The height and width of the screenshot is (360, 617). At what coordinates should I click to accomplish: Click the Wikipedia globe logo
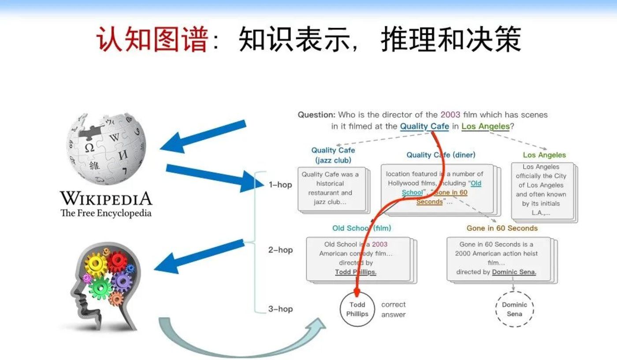point(106,149)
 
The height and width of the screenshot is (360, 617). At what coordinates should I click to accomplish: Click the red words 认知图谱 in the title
point(152,39)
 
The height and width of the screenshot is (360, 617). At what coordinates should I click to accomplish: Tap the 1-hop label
point(280,185)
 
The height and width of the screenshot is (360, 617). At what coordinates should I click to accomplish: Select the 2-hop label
point(280,250)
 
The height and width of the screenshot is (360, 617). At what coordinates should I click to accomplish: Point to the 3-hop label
point(280,309)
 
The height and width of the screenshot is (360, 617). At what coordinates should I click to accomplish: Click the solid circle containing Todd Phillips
point(357,309)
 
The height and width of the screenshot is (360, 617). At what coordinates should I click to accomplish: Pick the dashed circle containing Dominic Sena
point(515,309)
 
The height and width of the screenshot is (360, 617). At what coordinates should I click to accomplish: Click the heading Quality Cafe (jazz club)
point(333,155)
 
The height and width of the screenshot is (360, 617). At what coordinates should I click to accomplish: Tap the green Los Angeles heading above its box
point(544,155)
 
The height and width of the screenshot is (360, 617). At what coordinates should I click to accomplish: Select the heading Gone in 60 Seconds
point(502,228)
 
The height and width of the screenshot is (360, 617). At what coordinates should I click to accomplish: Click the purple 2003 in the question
point(450,115)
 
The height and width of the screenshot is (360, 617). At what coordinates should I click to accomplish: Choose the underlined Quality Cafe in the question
point(424,126)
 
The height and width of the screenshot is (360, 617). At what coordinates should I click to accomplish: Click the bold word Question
point(316,115)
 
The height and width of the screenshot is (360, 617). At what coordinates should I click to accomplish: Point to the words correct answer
point(393,309)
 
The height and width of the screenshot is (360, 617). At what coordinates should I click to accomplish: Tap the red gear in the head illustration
point(118,261)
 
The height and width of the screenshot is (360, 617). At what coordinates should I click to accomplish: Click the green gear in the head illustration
point(100,288)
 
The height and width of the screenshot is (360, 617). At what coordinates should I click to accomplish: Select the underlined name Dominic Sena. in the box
point(514,272)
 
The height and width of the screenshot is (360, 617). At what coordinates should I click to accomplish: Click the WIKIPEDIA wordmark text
point(106,198)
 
